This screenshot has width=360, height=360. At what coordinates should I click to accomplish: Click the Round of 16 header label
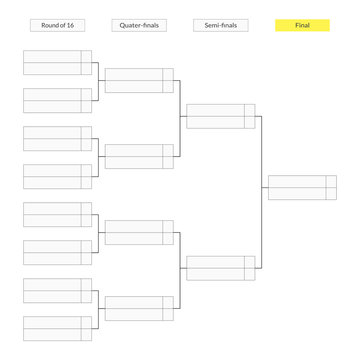[x=57, y=25]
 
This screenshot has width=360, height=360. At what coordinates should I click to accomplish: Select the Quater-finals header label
[x=139, y=25]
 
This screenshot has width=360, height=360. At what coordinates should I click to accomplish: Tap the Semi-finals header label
[x=221, y=25]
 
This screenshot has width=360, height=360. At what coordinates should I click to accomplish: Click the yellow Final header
[x=302, y=25]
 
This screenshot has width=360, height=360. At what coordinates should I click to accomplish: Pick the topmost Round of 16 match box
[x=57, y=63]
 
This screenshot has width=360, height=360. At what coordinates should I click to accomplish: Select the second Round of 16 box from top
[x=57, y=101]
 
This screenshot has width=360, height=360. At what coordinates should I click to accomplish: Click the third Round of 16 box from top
[x=57, y=139]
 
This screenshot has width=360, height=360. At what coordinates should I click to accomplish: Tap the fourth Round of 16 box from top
[x=57, y=177]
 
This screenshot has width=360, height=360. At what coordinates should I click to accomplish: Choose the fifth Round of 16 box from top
[x=57, y=215]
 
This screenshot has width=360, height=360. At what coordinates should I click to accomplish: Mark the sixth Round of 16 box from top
[x=57, y=253]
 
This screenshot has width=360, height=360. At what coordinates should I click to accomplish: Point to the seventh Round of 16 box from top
[x=57, y=291]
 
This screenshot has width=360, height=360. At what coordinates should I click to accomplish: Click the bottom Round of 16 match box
[x=57, y=329]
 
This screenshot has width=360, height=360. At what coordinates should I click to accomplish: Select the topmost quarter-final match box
[x=139, y=81]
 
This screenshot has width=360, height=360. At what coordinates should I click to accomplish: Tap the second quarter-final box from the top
[x=139, y=157]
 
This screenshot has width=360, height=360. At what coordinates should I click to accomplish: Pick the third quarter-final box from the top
[x=139, y=233]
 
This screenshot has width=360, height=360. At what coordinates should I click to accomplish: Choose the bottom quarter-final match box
[x=139, y=309]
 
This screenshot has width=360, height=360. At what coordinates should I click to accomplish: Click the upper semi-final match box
[x=221, y=117]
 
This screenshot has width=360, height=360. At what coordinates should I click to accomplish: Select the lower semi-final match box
[x=221, y=269]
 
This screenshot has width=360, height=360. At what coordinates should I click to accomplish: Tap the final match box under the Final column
[x=302, y=189]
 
